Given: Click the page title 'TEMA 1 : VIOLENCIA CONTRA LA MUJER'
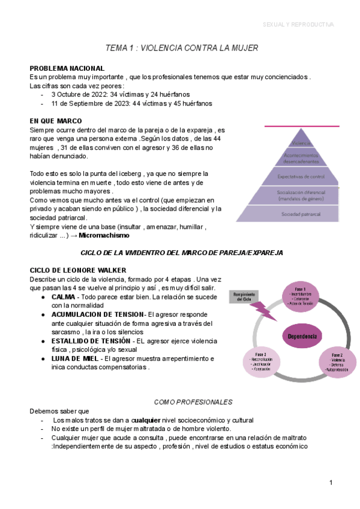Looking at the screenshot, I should pos(181,47).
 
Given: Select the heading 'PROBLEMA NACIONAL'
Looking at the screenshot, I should pos(67,68).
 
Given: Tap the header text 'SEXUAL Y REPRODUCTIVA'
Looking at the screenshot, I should pos(298,25).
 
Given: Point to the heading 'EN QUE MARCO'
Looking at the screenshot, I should pos(56,121).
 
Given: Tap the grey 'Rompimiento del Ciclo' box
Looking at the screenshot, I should pos(244,298).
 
